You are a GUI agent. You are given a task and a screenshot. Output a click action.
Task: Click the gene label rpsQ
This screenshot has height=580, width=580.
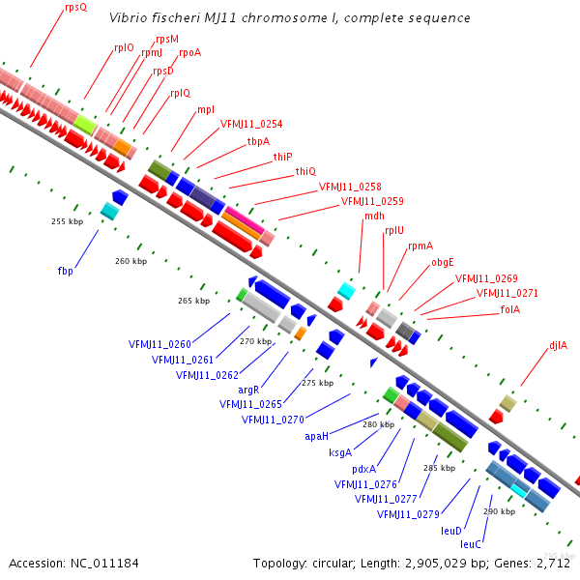pos(75,8)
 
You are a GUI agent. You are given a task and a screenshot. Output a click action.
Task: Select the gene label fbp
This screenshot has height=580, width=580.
pos(65,271)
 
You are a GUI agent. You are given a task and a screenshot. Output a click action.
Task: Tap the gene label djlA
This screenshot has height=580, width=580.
pos(558,345)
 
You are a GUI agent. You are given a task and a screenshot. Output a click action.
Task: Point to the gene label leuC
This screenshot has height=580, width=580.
pos(471,544)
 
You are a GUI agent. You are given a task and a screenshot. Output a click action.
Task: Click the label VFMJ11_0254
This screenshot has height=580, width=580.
pos(251,124)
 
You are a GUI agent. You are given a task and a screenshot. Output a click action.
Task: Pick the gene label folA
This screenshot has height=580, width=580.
pos(509,309)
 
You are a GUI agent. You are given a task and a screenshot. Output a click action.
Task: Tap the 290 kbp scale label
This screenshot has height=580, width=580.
pos(499,511)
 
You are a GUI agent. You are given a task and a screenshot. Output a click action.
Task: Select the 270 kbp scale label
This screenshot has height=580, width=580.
pos(255,341)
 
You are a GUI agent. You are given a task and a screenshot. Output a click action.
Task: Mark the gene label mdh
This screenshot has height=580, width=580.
pos(374,216)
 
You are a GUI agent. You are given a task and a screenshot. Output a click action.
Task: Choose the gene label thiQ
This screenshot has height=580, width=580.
pos(305,171)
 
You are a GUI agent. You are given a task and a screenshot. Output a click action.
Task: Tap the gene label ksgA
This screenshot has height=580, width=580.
pos(340,452)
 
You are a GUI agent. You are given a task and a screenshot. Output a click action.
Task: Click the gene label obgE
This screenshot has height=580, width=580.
pos(443,262)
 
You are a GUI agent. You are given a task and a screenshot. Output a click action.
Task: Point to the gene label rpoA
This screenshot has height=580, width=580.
pos(189,53)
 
